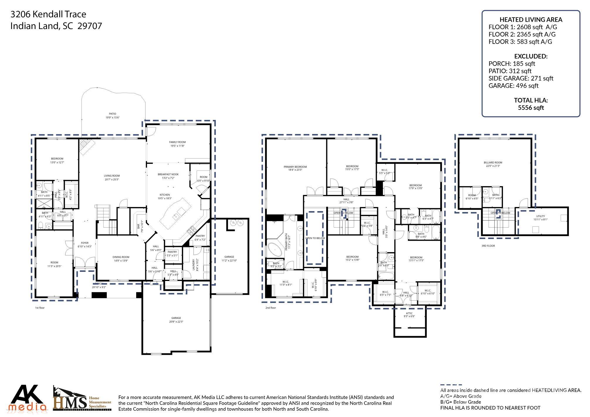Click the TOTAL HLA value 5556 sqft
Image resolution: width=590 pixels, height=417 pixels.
pyautogui.click(x=531, y=108)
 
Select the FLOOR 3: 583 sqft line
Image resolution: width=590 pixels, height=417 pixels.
pyautogui.click(x=520, y=42)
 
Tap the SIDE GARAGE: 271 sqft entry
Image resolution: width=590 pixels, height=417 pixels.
pyautogui.click(x=521, y=78)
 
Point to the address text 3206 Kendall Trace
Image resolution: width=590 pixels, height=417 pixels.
pyautogui.click(x=48, y=14)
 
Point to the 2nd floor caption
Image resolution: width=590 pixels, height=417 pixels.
pyautogui.click(x=271, y=308)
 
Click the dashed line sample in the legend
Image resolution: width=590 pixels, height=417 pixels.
pyautogui.click(x=451, y=385)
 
